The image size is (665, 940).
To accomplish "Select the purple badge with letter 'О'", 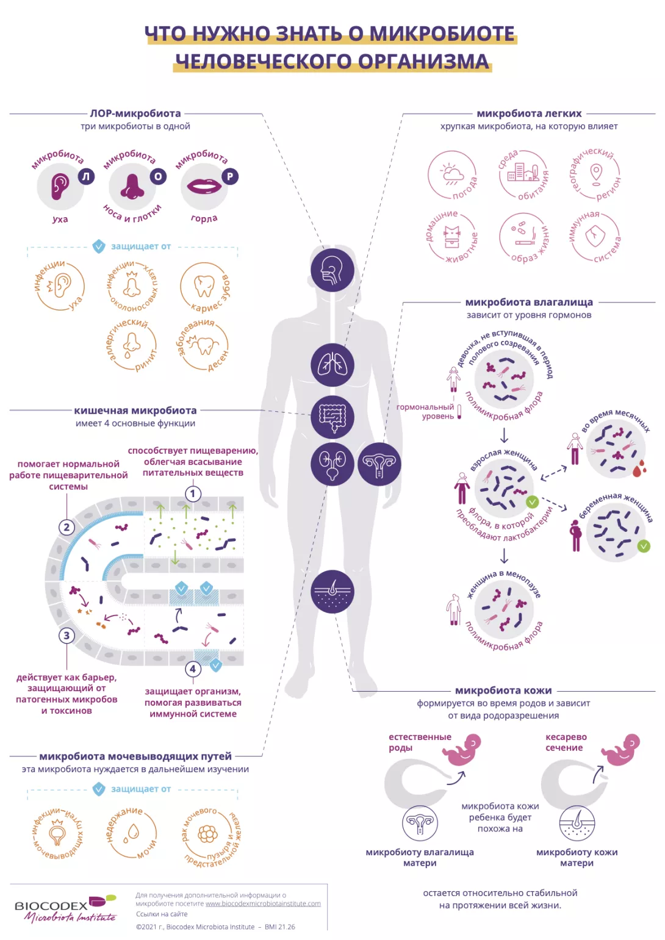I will coord(158,176).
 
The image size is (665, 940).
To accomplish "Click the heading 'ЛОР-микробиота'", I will coord(135,113).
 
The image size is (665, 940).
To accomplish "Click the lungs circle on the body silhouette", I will coord(332,365).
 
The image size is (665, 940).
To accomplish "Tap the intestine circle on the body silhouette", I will coord(332,417).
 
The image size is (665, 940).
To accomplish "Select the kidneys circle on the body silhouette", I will coord(332,464).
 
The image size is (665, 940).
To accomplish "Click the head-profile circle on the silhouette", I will coord(332,270).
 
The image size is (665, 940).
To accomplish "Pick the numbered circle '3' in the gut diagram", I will coord(67,636).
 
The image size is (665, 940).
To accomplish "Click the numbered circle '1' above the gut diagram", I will coord(193,493).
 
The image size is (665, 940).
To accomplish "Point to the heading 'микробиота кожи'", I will coord(503,691).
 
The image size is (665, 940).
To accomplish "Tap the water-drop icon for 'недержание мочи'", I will coord(131,833).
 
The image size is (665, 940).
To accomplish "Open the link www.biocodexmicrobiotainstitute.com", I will coord(263,903).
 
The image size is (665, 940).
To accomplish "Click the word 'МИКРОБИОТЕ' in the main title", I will coord(442,34).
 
